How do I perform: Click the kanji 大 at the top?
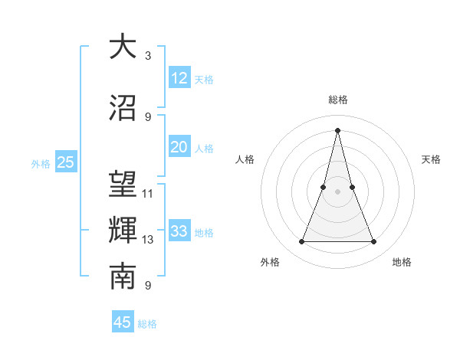tap(123, 47)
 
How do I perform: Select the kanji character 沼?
tap(123, 107)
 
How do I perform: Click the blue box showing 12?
tap(179, 78)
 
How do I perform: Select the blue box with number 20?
tap(179, 147)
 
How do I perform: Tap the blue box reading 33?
tap(179, 231)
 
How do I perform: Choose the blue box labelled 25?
tap(66, 162)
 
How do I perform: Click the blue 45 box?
tap(123, 322)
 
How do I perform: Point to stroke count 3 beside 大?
tap(148, 56)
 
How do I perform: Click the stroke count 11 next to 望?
tap(148, 193)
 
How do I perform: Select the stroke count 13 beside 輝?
tap(148, 240)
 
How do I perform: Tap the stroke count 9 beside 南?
tap(148, 286)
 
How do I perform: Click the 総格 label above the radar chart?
tap(338, 100)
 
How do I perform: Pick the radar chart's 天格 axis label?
tap(431, 159)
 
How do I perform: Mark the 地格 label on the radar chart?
tap(402, 262)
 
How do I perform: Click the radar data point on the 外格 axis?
tap(302, 242)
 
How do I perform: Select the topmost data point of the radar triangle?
tap(338, 130)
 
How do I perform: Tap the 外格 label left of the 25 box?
tap(41, 163)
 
